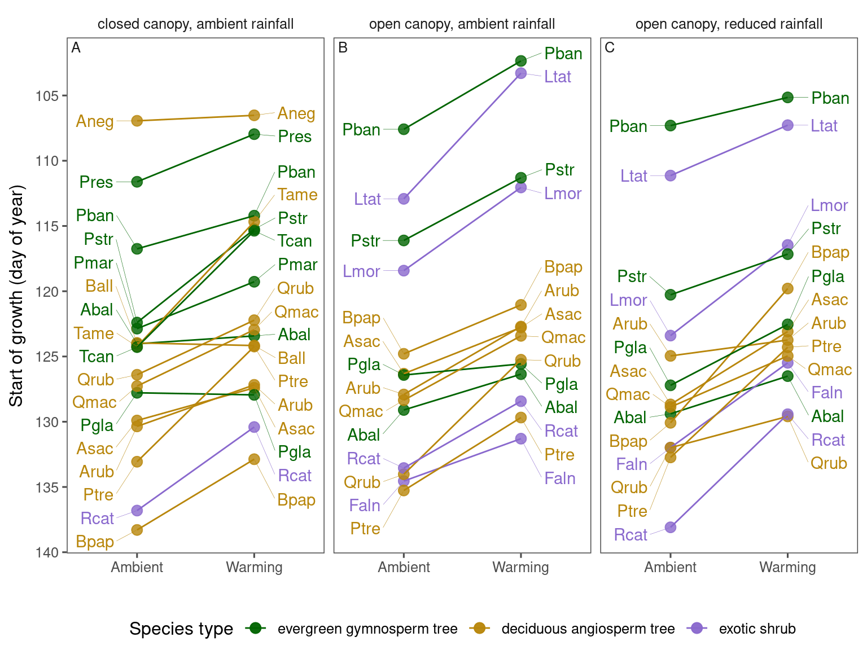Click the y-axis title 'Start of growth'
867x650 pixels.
point(16,295)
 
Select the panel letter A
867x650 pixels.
point(76,48)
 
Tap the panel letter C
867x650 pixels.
point(610,48)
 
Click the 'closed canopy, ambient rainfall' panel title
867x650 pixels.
point(195,24)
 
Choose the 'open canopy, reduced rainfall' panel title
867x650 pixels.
point(729,24)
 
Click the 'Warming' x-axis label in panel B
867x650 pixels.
point(520,567)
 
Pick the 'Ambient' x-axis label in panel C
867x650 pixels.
point(670,567)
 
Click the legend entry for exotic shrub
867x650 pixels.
point(757,629)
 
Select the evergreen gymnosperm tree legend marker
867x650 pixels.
point(256,629)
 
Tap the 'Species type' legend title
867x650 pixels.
point(181,629)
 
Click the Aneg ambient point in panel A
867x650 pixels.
point(137,121)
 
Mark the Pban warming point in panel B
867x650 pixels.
point(521,61)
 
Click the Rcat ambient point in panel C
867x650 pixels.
point(671,528)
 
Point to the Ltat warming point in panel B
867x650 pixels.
point(521,73)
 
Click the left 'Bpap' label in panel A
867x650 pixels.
point(95,542)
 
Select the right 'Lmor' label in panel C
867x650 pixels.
point(829,205)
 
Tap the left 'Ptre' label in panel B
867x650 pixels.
point(365,529)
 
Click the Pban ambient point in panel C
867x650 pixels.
point(671,125)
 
